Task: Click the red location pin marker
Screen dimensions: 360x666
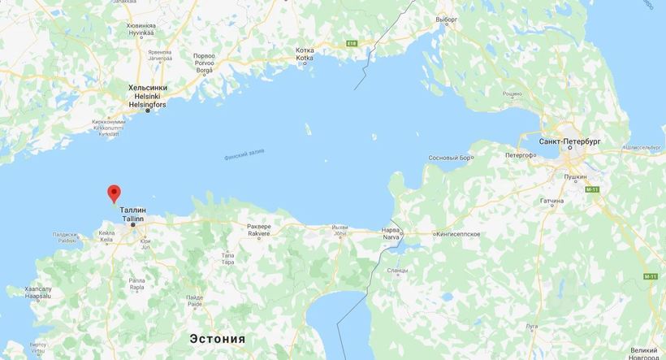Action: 114,193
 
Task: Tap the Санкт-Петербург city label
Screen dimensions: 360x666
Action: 573,141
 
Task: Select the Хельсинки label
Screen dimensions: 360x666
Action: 148,87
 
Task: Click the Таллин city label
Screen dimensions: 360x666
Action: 132,210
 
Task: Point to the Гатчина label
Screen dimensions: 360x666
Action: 574,200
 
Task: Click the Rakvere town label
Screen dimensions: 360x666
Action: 259,233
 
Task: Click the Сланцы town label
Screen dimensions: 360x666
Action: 398,270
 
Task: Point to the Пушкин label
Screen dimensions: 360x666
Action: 577,176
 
